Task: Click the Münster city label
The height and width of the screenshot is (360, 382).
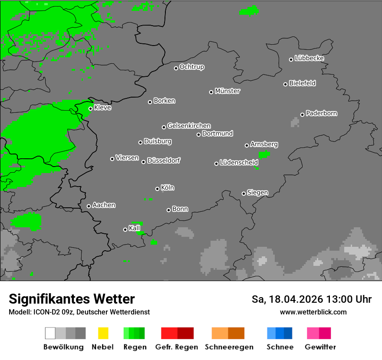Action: (227, 91)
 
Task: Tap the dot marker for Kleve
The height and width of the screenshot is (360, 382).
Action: (90, 108)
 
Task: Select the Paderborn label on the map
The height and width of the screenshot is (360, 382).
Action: (322, 113)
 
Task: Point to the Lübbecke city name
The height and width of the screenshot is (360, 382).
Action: (310, 58)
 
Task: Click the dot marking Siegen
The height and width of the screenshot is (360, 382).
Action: (244, 193)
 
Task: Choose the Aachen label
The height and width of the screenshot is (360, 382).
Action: (104, 205)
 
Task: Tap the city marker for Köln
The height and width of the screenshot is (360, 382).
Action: (157, 189)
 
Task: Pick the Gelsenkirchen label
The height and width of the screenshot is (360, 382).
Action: (189, 126)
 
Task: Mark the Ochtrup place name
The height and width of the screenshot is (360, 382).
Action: (192, 67)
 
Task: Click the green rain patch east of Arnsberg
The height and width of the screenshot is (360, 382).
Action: (264, 154)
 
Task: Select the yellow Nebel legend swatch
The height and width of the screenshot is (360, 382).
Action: (103, 333)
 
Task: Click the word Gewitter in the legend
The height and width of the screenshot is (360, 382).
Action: (320, 347)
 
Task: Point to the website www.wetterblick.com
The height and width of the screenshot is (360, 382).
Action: (313, 312)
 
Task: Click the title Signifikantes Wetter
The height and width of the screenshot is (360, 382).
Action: (72, 299)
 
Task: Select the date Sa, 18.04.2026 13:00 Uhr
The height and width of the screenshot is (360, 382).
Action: (312, 299)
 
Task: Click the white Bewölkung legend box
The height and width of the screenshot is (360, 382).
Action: (50, 333)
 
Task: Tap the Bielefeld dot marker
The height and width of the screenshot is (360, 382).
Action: (285, 84)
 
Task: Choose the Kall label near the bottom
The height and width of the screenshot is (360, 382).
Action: (135, 228)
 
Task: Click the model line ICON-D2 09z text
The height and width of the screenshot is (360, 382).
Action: (79, 312)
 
